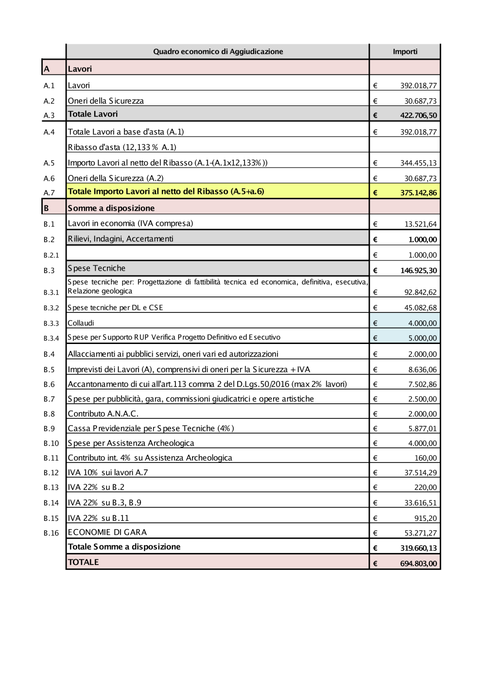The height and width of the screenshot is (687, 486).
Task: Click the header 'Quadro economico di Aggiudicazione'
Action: pos(218,52)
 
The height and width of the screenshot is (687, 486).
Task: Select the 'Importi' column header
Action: pos(405,52)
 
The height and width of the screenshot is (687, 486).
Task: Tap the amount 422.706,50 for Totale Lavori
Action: pos(418,116)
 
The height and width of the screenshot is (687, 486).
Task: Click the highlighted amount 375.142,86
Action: pos(418,193)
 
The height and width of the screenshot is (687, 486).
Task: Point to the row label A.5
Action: pos(49,163)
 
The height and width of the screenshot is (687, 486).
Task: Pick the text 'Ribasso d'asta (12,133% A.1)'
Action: pos(122,147)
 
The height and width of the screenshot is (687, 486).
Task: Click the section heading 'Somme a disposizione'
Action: pos(111,208)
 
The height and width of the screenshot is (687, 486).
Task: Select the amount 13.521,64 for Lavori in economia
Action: pos(420,224)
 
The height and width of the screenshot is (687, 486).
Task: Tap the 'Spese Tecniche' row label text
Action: pos(97,268)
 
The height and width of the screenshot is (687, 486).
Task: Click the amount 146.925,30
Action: pos(418,271)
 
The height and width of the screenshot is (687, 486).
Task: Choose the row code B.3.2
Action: pos(51,308)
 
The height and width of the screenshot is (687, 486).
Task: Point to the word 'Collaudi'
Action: pos(81,323)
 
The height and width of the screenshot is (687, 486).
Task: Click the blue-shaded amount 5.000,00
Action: pos(422,338)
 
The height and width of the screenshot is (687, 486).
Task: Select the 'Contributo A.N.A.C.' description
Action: pos(103,414)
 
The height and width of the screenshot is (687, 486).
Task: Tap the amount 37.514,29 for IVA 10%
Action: pos(420,473)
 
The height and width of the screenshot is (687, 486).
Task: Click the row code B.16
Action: pos(51,533)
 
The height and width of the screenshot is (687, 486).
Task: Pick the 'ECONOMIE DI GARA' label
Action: pos(107,532)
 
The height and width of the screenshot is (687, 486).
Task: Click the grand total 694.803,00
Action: pos(418,564)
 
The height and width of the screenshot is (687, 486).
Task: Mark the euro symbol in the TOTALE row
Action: pos(375,564)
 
